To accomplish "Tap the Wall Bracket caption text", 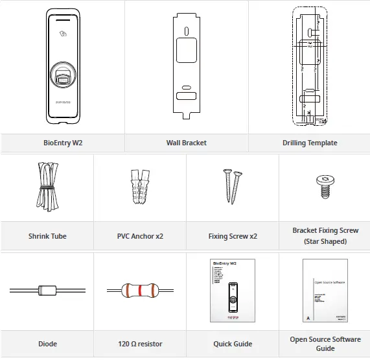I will pos(186,143).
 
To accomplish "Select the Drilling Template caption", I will pos(309,143).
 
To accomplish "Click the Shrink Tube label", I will pos(47,236).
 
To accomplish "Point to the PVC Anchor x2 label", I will pos(140,236).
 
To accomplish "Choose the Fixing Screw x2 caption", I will pos(233,236).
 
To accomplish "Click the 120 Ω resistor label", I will pos(140,344).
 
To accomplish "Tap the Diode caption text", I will pos(47,344).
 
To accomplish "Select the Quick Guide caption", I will pos(233,344).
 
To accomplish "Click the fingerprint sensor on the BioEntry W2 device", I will pos(62,73).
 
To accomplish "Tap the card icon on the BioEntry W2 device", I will pos(62,35).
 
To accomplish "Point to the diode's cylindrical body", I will pos(47,290).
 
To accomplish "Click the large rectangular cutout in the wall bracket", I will pos(186,49).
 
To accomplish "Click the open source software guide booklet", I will pos(325,290).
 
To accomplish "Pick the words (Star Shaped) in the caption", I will pos(325,241).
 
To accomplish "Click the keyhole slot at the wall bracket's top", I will pos(186,30).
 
